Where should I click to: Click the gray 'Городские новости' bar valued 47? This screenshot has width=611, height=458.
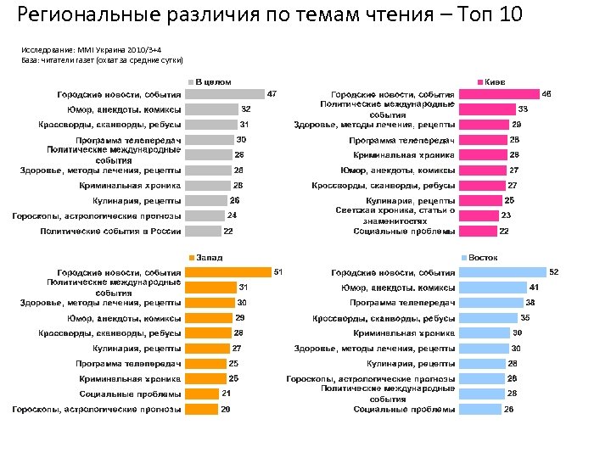click(x=225, y=94)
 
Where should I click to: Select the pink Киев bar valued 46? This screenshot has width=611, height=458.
click(x=500, y=94)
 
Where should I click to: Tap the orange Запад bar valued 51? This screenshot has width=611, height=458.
click(x=227, y=272)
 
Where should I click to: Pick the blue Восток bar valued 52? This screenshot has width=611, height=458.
click(x=502, y=272)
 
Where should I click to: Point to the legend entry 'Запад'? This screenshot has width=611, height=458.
click(x=207, y=257)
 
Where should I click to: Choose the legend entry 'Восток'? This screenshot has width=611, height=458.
click(x=482, y=257)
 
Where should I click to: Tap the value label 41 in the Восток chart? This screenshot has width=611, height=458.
click(x=535, y=288)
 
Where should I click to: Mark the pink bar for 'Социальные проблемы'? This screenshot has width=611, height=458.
click(x=478, y=232)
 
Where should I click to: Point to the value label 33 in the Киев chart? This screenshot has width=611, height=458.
click(x=524, y=109)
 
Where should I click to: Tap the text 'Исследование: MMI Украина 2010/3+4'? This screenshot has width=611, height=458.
click(x=79, y=50)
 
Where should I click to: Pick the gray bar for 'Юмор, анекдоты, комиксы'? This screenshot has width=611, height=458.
click(x=211, y=109)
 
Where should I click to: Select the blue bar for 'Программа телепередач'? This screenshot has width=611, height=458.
click(x=490, y=303)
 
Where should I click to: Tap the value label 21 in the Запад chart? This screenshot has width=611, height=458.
click(x=227, y=394)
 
